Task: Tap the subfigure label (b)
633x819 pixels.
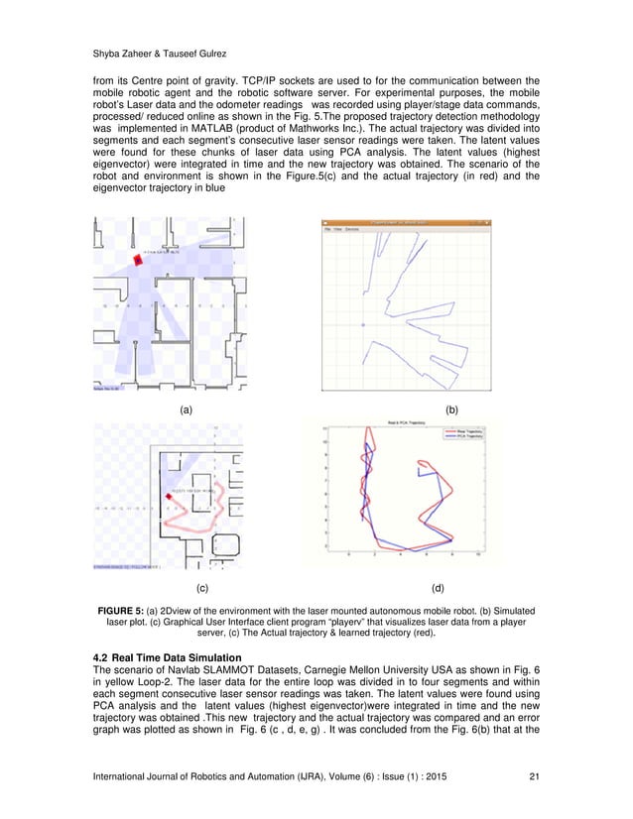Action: click(451, 409)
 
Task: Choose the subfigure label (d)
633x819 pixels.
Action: click(451, 588)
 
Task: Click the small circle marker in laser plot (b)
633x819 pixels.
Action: click(363, 324)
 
